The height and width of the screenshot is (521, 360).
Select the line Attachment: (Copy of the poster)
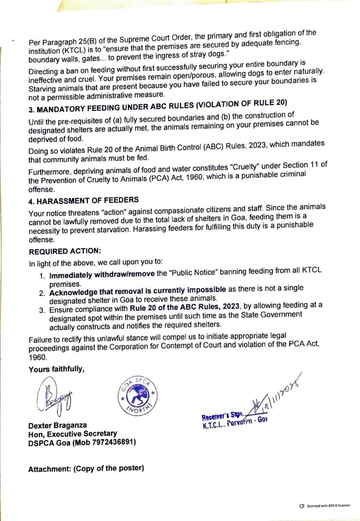click(86, 469)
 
